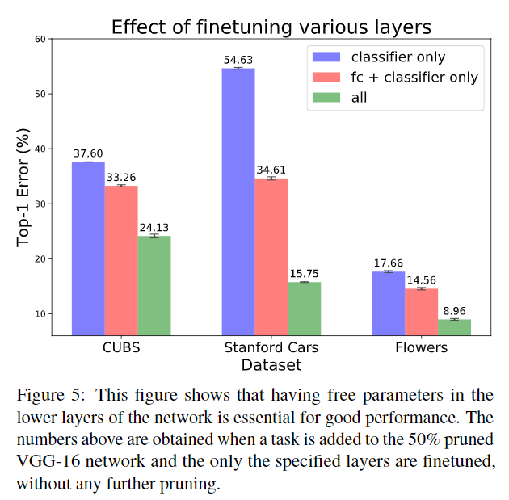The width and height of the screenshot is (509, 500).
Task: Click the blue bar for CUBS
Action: (88, 248)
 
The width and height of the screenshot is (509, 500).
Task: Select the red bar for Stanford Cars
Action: (271, 256)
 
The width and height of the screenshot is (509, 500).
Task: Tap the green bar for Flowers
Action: (454, 327)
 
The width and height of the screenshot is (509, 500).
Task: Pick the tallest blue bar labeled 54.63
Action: (238, 201)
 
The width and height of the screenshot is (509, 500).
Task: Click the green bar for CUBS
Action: (154, 285)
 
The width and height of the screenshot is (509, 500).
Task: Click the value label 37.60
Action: (88, 153)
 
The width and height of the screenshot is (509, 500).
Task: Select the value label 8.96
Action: (454, 311)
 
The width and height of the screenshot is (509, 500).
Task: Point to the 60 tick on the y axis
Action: (39, 39)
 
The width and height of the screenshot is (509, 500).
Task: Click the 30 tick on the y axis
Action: (39, 204)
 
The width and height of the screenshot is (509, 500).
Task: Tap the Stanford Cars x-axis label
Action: (271, 348)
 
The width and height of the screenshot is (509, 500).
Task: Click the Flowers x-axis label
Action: (421, 348)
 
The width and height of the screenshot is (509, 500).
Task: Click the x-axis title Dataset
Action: (271, 365)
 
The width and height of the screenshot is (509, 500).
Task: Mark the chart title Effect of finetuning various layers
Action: (271, 27)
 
